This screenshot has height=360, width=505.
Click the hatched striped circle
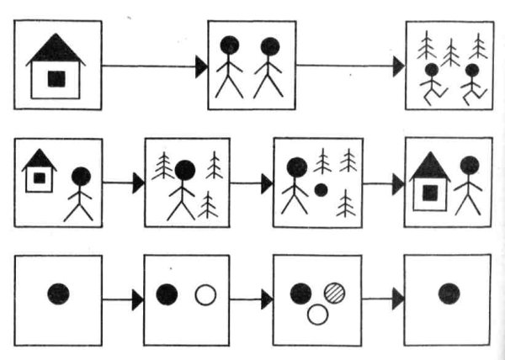(x=335, y=291)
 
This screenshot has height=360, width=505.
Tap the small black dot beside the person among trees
(x=321, y=189)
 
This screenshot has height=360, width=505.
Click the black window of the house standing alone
(x=56, y=78)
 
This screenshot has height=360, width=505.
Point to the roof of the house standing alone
(x=56, y=50)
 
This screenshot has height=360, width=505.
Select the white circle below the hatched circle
(x=317, y=314)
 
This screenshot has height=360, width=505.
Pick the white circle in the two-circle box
(x=205, y=294)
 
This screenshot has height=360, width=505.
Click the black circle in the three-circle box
(x=300, y=293)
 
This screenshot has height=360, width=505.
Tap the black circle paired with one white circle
(x=167, y=294)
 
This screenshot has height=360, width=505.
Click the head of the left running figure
(x=432, y=71)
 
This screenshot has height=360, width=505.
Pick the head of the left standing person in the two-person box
(x=229, y=45)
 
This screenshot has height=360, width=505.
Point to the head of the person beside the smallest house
(x=81, y=177)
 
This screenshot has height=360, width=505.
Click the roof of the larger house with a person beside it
(x=429, y=166)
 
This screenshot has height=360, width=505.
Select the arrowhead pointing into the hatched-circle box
(x=267, y=298)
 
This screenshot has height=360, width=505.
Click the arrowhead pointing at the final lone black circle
(x=397, y=298)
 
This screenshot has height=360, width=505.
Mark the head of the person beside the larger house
(x=469, y=166)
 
